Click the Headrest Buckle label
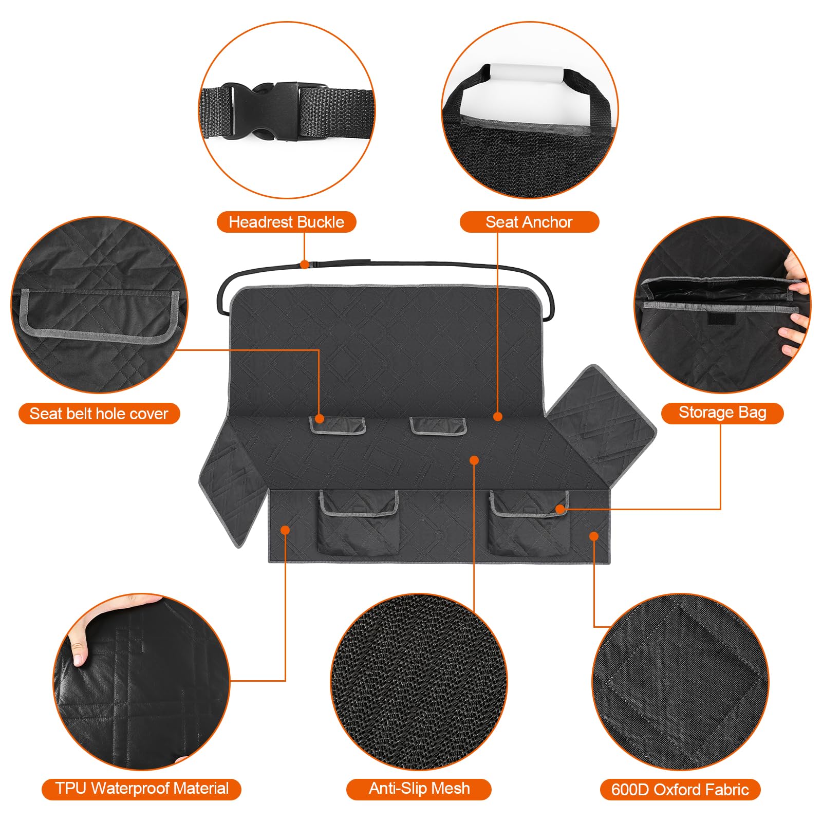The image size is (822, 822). point(286,222)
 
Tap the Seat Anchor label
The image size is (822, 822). point(529,222)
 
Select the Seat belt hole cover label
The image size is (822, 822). point(99,414)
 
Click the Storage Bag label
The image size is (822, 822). point(722,413)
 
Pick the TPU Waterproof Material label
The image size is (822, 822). point(141,788)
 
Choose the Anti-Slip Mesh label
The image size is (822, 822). point(419,788)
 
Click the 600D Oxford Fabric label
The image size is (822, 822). point(680,790)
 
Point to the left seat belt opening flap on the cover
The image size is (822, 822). point(337,425)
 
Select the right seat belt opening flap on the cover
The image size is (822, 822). point(438,425)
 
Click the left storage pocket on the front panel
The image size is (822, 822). point(358,524)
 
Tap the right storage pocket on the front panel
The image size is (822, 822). point(529,524)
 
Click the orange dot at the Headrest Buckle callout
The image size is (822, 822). point(305,265)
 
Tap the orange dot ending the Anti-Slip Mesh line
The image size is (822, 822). point(474,460)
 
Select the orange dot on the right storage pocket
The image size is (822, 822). point(561,509)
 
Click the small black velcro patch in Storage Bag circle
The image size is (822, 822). point(721,320)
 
